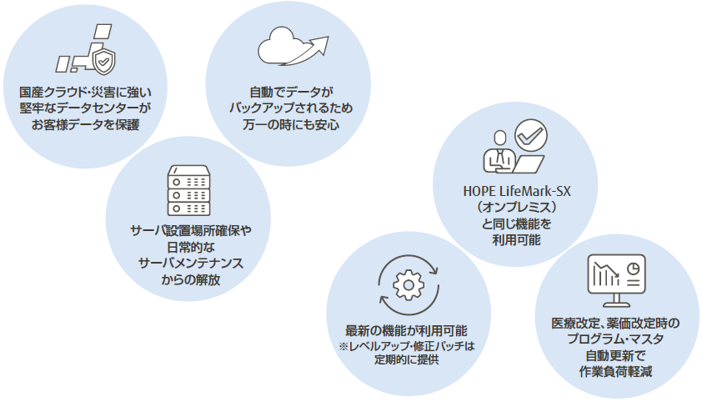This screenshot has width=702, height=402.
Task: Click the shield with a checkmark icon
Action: point(103,62)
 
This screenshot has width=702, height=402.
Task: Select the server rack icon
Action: point(188,191)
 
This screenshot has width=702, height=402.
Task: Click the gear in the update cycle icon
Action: point(409,285)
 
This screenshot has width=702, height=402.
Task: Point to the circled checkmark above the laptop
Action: point(530,135)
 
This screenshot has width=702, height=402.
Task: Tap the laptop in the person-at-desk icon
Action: point(528,164)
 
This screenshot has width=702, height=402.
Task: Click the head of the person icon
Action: point(500,138)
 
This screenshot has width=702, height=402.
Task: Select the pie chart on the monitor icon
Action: point(633,269)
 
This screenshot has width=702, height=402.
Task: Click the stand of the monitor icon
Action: point(616,301)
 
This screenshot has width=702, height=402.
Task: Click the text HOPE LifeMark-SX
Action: point(517,192)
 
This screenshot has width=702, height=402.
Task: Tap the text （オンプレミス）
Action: point(517,208)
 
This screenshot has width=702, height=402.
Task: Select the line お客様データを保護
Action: point(86,124)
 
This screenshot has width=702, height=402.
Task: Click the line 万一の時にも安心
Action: point(291,124)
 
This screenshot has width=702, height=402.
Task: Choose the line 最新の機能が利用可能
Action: point(406,331)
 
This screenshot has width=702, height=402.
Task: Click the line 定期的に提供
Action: point(407,359)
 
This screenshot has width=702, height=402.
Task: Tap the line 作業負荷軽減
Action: point(615,372)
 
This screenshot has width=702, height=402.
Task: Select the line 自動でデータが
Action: point(291,93)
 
